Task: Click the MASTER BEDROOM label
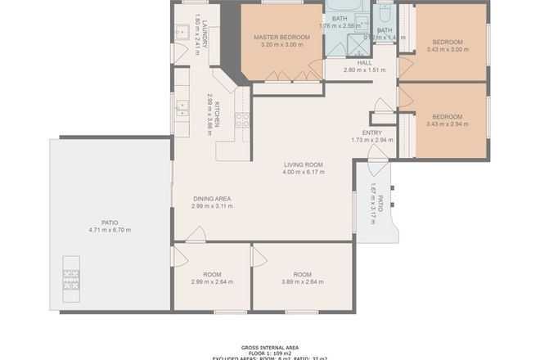pyautogui.click(x=281, y=36)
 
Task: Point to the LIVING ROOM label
pyautogui.click(x=303, y=164)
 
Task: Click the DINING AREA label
pyautogui.click(x=212, y=198)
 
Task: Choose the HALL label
pyautogui.click(x=364, y=62)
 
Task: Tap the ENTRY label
pyautogui.click(x=371, y=132)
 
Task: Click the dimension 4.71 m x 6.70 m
pyautogui.click(x=110, y=230)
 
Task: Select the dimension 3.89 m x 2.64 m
pyautogui.click(x=303, y=282)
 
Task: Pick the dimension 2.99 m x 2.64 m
pyautogui.click(x=212, y=282)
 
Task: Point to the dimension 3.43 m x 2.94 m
pyautogui.click(x=447, y=124)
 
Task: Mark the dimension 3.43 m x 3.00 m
pyautogui.click(x=447, y=50)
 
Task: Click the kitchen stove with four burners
pyautogui.click(x=242, y=121)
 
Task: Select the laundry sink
pyautogui.click(x=182, y=32)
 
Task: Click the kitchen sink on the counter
pyautogui.click(x=182, y=107)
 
